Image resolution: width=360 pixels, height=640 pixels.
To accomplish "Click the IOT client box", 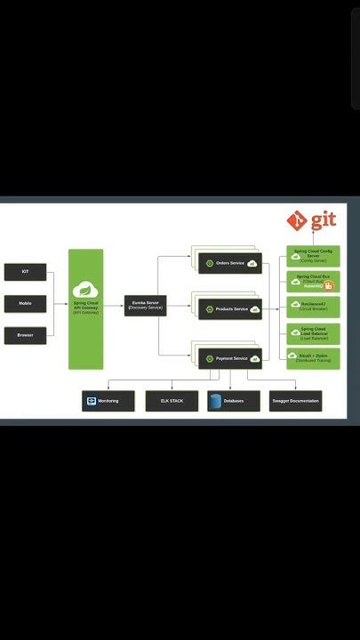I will (25, 271).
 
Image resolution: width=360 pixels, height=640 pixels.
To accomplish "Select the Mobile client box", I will (25, 303).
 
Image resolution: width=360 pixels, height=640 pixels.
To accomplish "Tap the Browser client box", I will (25, 335).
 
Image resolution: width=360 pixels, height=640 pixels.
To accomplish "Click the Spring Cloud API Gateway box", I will (86, 308).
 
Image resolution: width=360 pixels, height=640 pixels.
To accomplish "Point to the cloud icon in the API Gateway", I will (85, 290).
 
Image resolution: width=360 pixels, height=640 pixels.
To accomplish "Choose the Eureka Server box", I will (145, 305).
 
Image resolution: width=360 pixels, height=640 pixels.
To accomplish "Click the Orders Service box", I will (229, 263).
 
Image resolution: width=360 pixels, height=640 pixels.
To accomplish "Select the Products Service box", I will (229, 309).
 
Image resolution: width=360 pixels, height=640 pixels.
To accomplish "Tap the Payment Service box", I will (229, 358).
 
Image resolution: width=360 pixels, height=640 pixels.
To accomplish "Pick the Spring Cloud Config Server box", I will (313, 256).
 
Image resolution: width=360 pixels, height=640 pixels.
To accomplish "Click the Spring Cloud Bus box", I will (313, 282).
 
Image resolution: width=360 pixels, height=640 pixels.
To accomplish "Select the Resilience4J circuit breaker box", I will (313, 307).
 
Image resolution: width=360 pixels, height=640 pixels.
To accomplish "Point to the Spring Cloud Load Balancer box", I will (313, 333).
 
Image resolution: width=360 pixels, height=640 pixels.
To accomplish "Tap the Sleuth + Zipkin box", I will (313, 357).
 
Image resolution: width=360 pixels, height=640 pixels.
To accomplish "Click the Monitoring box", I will (108, 401).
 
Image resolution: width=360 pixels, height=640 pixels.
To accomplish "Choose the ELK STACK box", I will (172, 401).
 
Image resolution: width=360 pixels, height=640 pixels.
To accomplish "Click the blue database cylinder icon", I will (215, 401).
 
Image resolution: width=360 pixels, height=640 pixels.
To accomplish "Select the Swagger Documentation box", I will (295, 401).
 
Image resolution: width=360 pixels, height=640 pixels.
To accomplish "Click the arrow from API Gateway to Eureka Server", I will (113, 305).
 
